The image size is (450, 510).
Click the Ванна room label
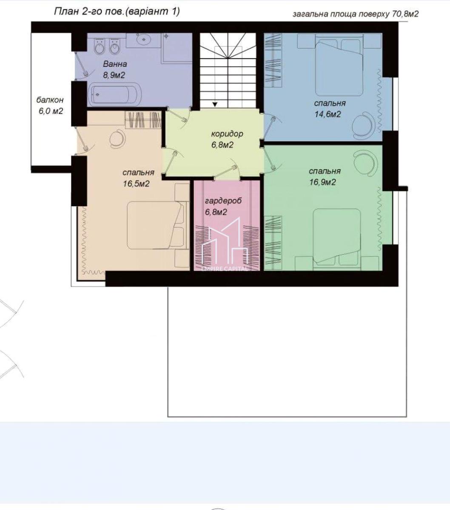[115, 64]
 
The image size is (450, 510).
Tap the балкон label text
[50, 100]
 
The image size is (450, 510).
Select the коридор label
[227, 134]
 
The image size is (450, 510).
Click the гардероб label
[223, 201]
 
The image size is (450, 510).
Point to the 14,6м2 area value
[328, 114]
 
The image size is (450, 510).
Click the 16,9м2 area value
[322, 182]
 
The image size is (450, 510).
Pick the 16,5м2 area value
[136, 184]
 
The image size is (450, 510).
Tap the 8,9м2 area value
[114, 75]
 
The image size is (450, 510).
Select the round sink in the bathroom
[144, 39]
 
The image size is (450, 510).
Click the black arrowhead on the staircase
[215, 104]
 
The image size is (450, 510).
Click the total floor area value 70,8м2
[405, 14]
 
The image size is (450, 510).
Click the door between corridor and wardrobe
[227, 173]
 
